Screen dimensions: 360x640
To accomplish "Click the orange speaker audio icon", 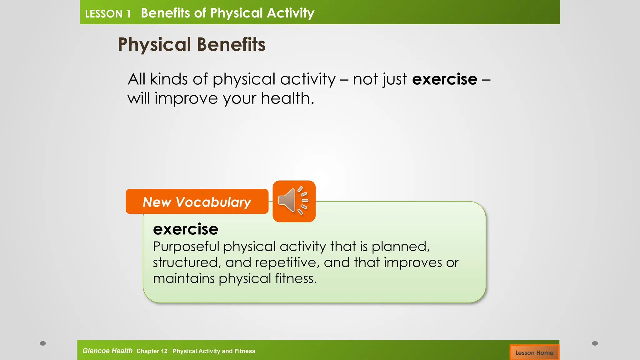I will click(x=294, y=201).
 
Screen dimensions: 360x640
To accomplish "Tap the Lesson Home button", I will click(x=534, y=352).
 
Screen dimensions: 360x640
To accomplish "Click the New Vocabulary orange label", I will click(x=197, y=202).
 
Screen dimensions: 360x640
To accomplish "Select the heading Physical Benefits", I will click(x=191, y=44).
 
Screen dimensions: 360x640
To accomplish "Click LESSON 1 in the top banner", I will click(x=107, y=14).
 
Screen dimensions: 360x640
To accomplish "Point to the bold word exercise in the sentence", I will click(x=444, y=79).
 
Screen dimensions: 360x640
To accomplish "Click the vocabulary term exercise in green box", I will click(x=186, y=229).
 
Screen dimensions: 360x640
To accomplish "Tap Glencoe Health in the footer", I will click(x=107, y=351).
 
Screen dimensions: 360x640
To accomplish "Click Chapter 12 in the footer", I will click(x=152, y=351).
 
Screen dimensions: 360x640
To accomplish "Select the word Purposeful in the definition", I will click(x=186, y=247).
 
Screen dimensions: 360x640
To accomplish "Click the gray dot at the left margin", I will click(x=43, y=343).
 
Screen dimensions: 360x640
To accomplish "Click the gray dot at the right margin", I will click(x=595, y=343).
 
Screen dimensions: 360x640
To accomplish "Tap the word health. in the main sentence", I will click(x=287, y=98).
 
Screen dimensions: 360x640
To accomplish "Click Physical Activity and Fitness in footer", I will click(x=214, y=351).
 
